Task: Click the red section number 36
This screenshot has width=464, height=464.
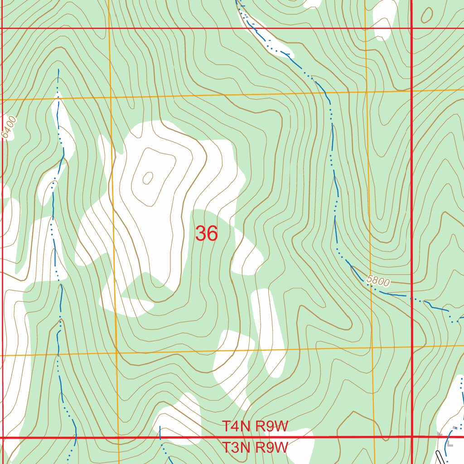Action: click(x=207, y=234)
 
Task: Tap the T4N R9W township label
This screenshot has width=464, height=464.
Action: click(x=255, y=426)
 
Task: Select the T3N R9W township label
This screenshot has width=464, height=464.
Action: click(x=255, y=448)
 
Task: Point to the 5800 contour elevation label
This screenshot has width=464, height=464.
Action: click(x=378, y=281)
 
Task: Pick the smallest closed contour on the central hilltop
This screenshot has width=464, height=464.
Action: click(x=148, y=179)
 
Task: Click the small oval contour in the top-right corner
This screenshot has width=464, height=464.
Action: click(x=426, y=15)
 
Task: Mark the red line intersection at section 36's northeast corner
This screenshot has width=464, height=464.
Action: click(x=411, y=29)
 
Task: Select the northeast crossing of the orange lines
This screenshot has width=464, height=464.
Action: click(x=367, y=92)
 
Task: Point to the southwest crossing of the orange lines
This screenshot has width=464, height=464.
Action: click(x=116, y=353)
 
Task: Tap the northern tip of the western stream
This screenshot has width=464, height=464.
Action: click(x=58, y=70)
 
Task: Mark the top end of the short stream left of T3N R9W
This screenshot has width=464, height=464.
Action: click(x=160, y=427)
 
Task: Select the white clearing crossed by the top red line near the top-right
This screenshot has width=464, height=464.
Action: click(x=384, y=23)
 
